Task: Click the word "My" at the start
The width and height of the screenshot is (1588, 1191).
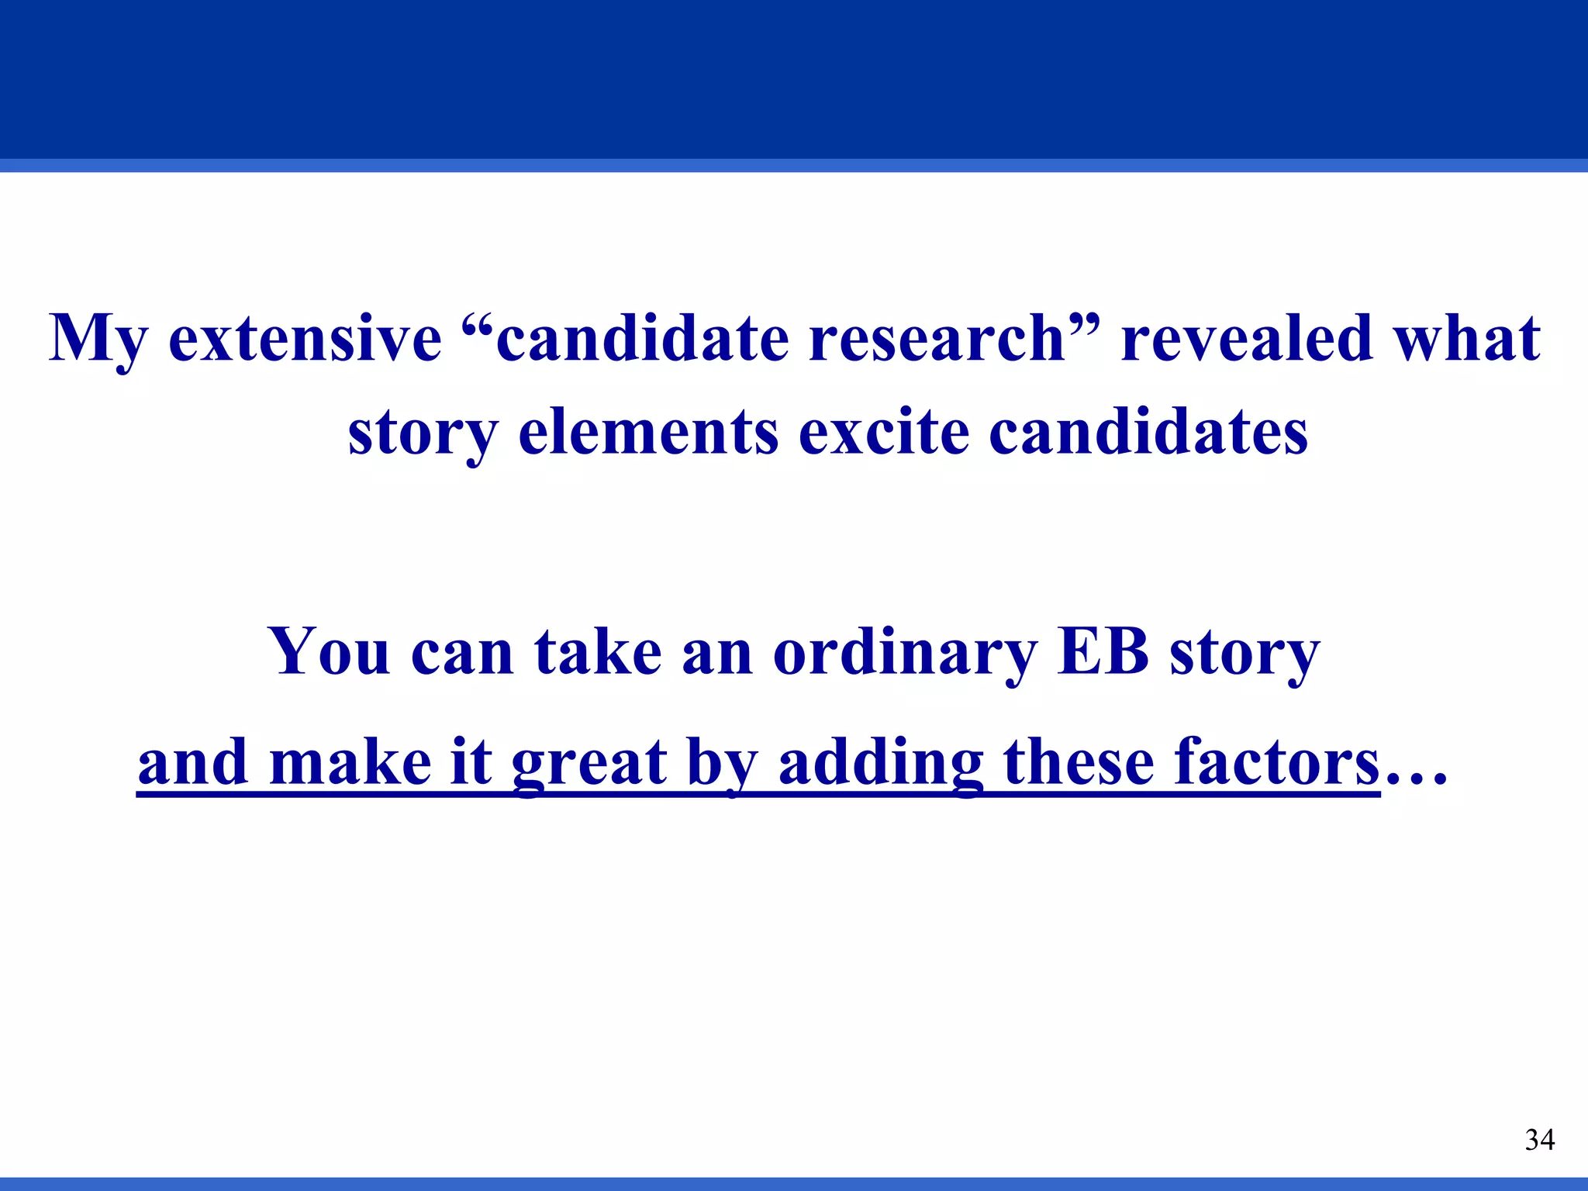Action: click(x=98, y=340)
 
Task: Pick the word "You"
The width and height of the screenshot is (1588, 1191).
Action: click(x=329, y=651)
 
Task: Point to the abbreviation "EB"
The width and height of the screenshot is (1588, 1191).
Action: click(x=1102, y=651)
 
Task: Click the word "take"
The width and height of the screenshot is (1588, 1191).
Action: click(x=598, y=651)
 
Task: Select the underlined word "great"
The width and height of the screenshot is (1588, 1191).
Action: click(x=589, y=763)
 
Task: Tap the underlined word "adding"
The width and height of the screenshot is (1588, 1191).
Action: click(x=881, y=763)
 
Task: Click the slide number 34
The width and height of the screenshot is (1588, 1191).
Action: click(x=1539, y=1140)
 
